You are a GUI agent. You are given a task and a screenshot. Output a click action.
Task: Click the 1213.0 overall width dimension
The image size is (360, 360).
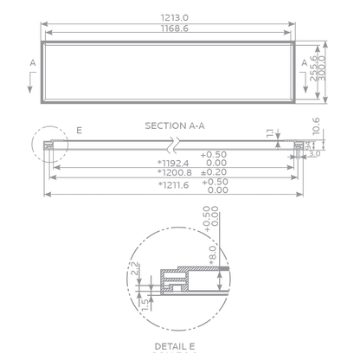coord(174,17)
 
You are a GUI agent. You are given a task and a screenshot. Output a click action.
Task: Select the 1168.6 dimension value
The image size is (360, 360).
coord(174,29)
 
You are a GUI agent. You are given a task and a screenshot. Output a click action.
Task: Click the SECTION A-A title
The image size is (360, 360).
coord(174,125)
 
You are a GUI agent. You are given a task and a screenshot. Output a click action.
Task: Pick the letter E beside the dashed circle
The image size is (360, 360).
coord(79,130)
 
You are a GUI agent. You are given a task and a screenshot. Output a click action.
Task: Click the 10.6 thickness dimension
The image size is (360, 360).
coord(317,126)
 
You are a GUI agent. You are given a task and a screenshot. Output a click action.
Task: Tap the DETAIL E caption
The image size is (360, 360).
coord(174,345)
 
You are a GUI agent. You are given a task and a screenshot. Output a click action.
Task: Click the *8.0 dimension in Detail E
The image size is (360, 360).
coord(210,252)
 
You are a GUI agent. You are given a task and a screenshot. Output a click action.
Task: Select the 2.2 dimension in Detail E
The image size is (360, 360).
coord(136,270)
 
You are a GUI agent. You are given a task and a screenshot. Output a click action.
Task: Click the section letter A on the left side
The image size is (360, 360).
coord(32,63)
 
